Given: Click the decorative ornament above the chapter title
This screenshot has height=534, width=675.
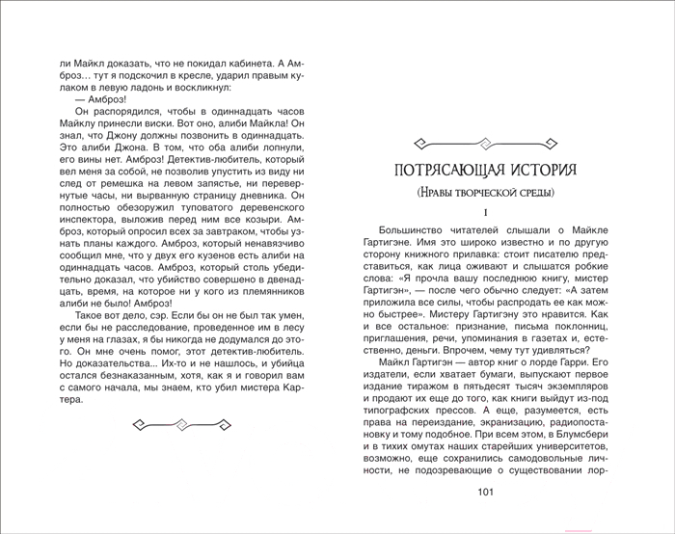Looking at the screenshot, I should coord(485,144).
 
